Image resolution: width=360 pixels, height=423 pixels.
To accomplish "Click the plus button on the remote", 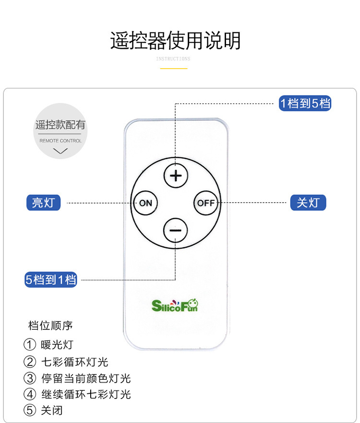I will click(x=176, y=176).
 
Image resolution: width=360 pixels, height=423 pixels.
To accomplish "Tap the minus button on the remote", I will click(x=176, y=230).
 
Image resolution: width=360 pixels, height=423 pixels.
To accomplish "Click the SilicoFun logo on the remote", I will click(x=175, y=305).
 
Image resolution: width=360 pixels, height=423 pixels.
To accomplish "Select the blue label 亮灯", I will click(x=43, y=203).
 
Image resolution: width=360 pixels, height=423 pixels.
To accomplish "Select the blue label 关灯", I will click(x=308, y=203).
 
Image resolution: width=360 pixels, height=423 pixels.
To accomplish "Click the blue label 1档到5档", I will click(x=305, y=103).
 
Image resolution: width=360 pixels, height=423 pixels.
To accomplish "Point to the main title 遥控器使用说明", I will click(x=175, y=41).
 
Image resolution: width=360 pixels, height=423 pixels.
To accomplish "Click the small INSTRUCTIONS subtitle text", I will click(x=173, y=59).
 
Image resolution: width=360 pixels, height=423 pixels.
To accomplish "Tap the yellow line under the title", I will click(x=173, y=68).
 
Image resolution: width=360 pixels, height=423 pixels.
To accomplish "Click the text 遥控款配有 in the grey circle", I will click(x=60, y=125).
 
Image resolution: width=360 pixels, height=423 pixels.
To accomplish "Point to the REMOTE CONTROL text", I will click(x=60, y=141).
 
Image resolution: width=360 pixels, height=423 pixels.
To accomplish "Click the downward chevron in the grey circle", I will click(x=60, y=151).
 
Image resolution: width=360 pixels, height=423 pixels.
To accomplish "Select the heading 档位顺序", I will click(x=50, y=326).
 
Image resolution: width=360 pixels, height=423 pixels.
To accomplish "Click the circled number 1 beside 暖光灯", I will click(x=30, y=345).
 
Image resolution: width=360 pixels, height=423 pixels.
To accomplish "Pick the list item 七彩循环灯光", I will click(x=74, y=362).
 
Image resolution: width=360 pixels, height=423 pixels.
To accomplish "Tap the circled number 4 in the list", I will click(x=30, y=395).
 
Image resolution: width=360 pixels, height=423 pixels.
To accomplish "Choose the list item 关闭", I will click(x=52, y=411).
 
